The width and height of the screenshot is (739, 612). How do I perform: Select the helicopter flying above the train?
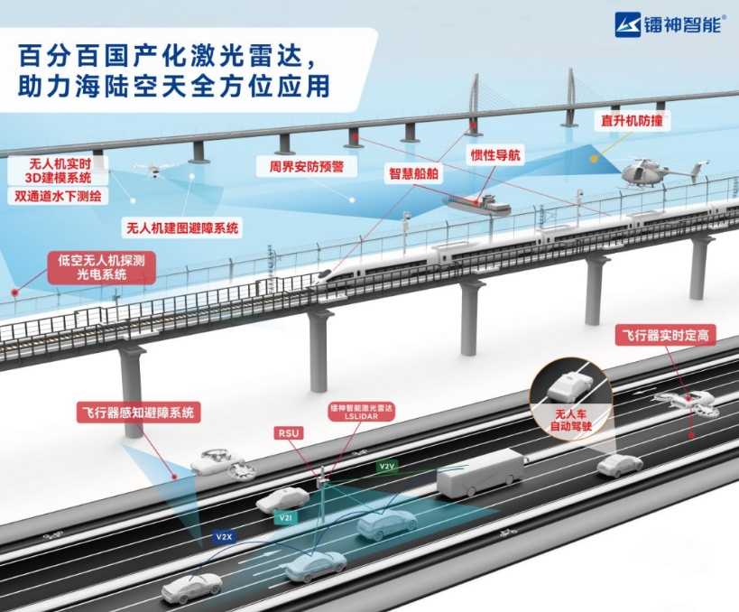646,172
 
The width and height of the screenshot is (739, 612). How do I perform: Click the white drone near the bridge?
153,169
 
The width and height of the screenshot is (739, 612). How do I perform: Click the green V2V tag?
387,467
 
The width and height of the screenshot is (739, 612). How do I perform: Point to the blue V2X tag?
224,536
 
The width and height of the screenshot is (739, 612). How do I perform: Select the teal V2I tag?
284,517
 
